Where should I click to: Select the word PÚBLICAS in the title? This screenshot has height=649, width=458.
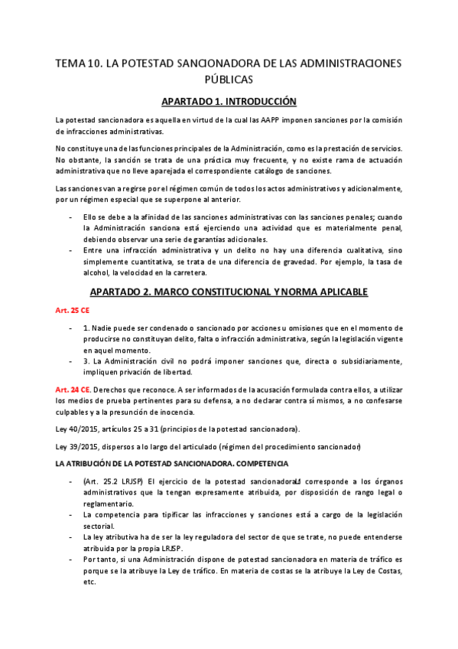tap(229, 79)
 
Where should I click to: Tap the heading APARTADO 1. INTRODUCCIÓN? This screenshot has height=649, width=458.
tap(229, 101)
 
